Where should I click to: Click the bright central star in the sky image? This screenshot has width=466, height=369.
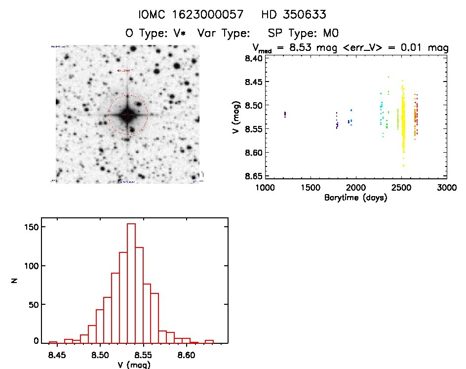coord(127,115)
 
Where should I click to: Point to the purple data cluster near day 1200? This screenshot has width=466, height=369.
coord(285,114)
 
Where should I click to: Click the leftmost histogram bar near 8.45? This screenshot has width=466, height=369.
coord(53,342)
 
